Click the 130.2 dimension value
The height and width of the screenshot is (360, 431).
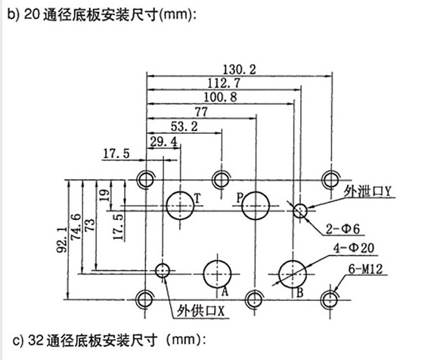click(x=239, y=70)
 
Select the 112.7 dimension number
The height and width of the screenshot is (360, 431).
click(x=224, y=83)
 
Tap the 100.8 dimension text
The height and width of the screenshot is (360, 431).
click(x=221, y=98)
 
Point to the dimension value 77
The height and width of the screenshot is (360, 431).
click(x=201, y=112)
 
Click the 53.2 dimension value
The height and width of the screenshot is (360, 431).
click(x=184, y=127)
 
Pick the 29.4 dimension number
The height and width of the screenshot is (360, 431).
click(x=163, y=142)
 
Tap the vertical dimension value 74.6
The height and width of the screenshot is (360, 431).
click(x=76, y=227)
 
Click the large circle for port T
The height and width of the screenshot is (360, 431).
click(x=180, y=192)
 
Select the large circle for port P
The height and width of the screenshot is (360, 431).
click(x=256, y=192)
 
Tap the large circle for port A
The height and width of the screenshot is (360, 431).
click(x=217, y=261)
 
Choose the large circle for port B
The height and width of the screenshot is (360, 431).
click(x=293, y=261)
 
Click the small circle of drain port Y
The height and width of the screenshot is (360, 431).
click(x=300, y=204)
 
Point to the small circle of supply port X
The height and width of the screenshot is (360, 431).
click(x=163, y=264)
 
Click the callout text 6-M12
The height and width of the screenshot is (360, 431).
click(x=365, y=268)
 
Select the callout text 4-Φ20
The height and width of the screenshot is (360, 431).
click(x=354, y=248)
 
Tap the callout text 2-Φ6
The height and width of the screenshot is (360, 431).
click(x=343, y=229)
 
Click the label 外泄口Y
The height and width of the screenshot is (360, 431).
click(x=367, y=191)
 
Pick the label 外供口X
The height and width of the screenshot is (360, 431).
click(x=200, y=312)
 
